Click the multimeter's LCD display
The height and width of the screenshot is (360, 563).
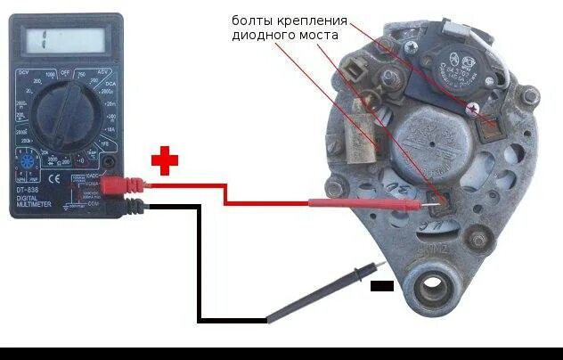[63, 39]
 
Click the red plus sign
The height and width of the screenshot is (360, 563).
[164, 160]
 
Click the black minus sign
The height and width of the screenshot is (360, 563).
[381, 286]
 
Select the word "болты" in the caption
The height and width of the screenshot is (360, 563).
[252, 19]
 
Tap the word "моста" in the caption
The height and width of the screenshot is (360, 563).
[318, 36]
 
